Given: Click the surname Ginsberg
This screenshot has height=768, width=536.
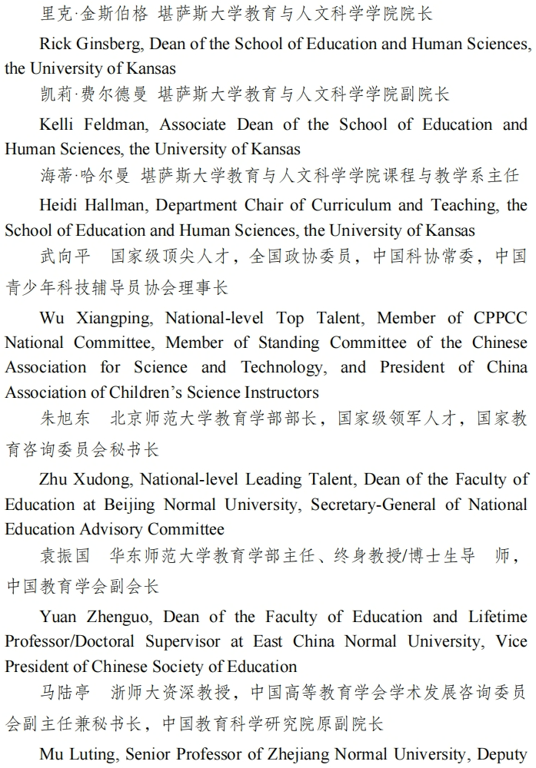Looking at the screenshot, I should click(x=104, y=44).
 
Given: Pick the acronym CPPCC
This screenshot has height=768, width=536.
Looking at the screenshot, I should click(x=500, y=318).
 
